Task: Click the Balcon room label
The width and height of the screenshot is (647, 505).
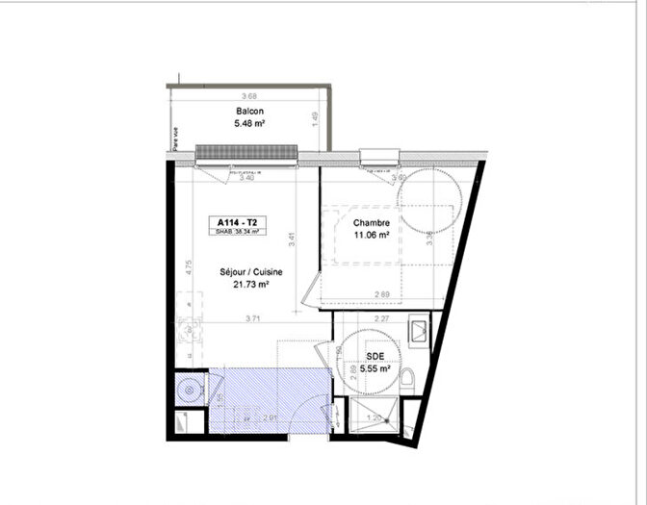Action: [x=249, y=112]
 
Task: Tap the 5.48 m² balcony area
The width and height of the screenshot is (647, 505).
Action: [x=249, y=123]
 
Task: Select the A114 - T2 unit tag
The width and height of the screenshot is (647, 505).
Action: [x=237, y=221]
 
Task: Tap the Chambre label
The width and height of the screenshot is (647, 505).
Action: [x=371, y=222]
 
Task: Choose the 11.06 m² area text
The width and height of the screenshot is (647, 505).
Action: [x=371, y=235]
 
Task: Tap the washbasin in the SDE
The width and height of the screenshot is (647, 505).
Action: [x=419, y=333]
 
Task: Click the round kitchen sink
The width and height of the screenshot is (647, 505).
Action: [x=191, y=390]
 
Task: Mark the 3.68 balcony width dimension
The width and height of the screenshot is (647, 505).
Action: [x=249, y=95]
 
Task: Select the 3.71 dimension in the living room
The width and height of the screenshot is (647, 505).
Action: [x=253, y=318]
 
